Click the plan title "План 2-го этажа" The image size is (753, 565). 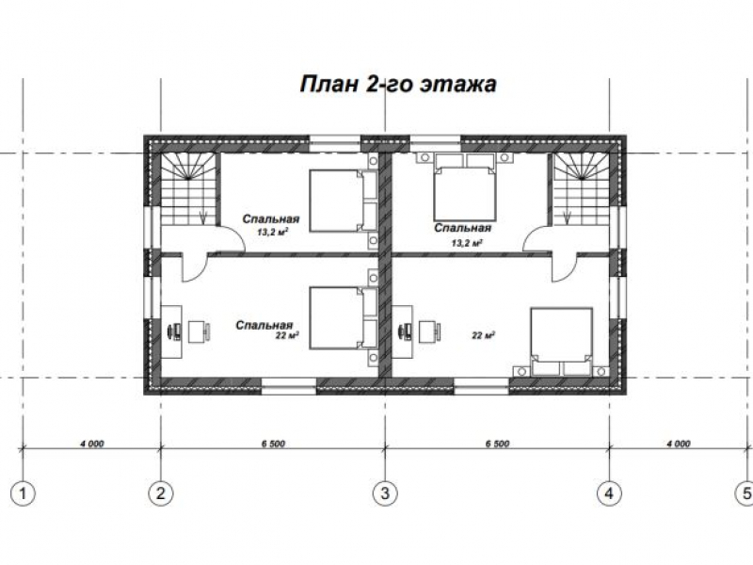tap(398, 84)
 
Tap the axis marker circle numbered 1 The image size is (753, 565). tap(23, 493)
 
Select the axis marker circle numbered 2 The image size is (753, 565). tap(160, 493)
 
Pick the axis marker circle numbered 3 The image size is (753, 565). tap(385, 493)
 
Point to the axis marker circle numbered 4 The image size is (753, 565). tap(609, 493)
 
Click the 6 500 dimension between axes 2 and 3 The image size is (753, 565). tap(273, 444)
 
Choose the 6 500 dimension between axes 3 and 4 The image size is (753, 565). tap(497, 444)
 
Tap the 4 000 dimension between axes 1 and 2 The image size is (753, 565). tap(91, 444)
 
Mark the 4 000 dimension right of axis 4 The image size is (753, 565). tap(678, 444)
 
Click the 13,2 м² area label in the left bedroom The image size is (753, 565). tap(273, 232)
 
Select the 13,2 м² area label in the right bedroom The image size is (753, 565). tap(467, 243)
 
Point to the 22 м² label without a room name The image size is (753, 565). tap(484, 335)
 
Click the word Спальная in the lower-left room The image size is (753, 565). tap(264, 325)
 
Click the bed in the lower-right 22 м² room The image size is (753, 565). tap(561, 342)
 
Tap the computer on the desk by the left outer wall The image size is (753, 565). tap(175, 331)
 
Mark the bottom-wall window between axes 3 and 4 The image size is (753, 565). tap(482, 386)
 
